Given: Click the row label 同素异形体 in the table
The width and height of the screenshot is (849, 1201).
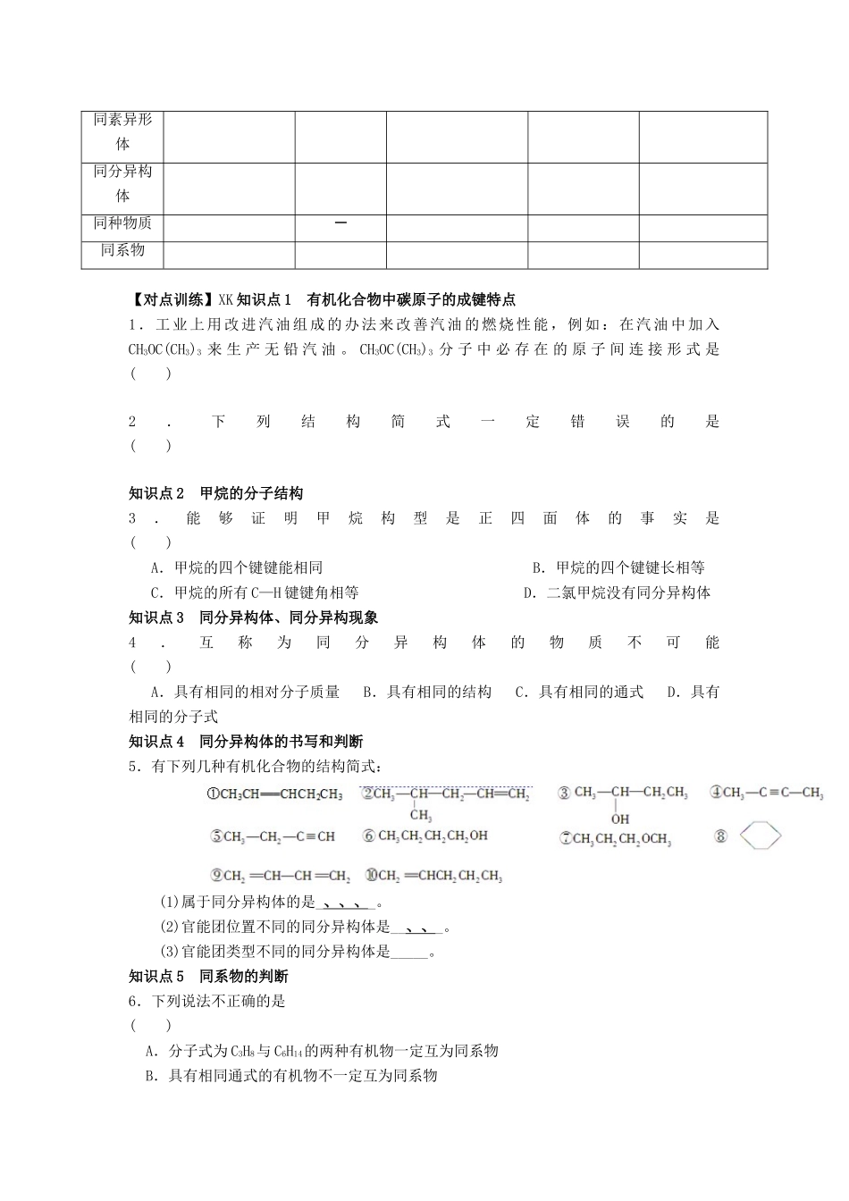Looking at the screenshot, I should tap(122, 131).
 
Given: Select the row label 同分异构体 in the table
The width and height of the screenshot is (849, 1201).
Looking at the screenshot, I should tap(122, 183).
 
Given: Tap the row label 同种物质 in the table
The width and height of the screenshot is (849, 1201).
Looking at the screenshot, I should tap(122, 223).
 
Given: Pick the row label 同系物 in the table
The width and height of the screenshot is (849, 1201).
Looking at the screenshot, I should tap(122, 250).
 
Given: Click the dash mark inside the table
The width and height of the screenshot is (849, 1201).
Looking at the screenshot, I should tap(340, 223).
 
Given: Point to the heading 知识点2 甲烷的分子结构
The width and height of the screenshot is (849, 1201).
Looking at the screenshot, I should tap(215, 493).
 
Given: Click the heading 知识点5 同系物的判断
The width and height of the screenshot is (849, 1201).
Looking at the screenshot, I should tap(208, 977).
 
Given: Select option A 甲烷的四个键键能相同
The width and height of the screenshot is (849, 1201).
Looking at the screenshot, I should tap(237, 567).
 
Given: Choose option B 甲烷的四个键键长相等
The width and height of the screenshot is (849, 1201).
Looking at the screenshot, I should tap(618, 567).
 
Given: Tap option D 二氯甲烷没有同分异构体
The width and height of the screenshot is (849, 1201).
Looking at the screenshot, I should tap(617, 592).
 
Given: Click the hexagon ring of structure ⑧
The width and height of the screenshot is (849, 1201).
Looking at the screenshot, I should tap(760, 836).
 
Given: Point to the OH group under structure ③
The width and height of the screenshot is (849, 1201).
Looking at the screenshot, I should tap(620, 819).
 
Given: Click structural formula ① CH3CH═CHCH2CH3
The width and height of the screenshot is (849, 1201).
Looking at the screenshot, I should tap(274, 794).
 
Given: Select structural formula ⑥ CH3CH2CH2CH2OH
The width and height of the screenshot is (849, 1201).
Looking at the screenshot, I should tap(425, 836).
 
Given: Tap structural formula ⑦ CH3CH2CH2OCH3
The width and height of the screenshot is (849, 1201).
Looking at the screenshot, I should tap(615, 838).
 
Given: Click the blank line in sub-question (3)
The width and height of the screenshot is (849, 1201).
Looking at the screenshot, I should tap(410, 953).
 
